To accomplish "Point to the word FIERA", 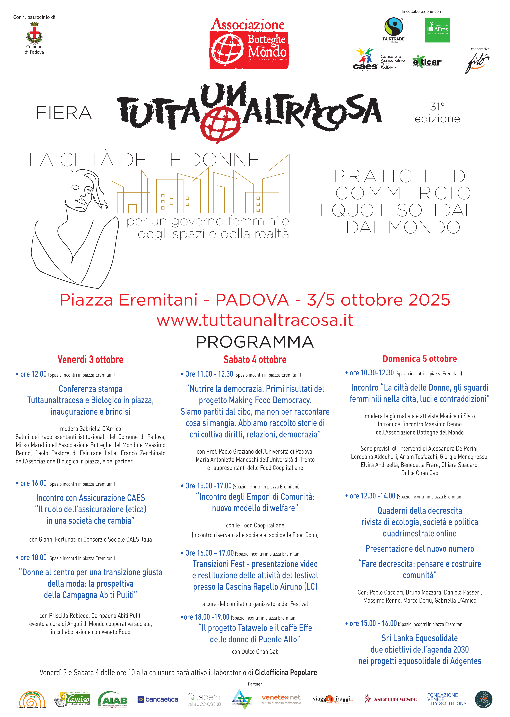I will click(x=64, y=113).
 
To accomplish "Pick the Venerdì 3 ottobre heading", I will click(x=90, y=359).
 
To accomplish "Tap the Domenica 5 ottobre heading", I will click(x=420, y=359).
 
